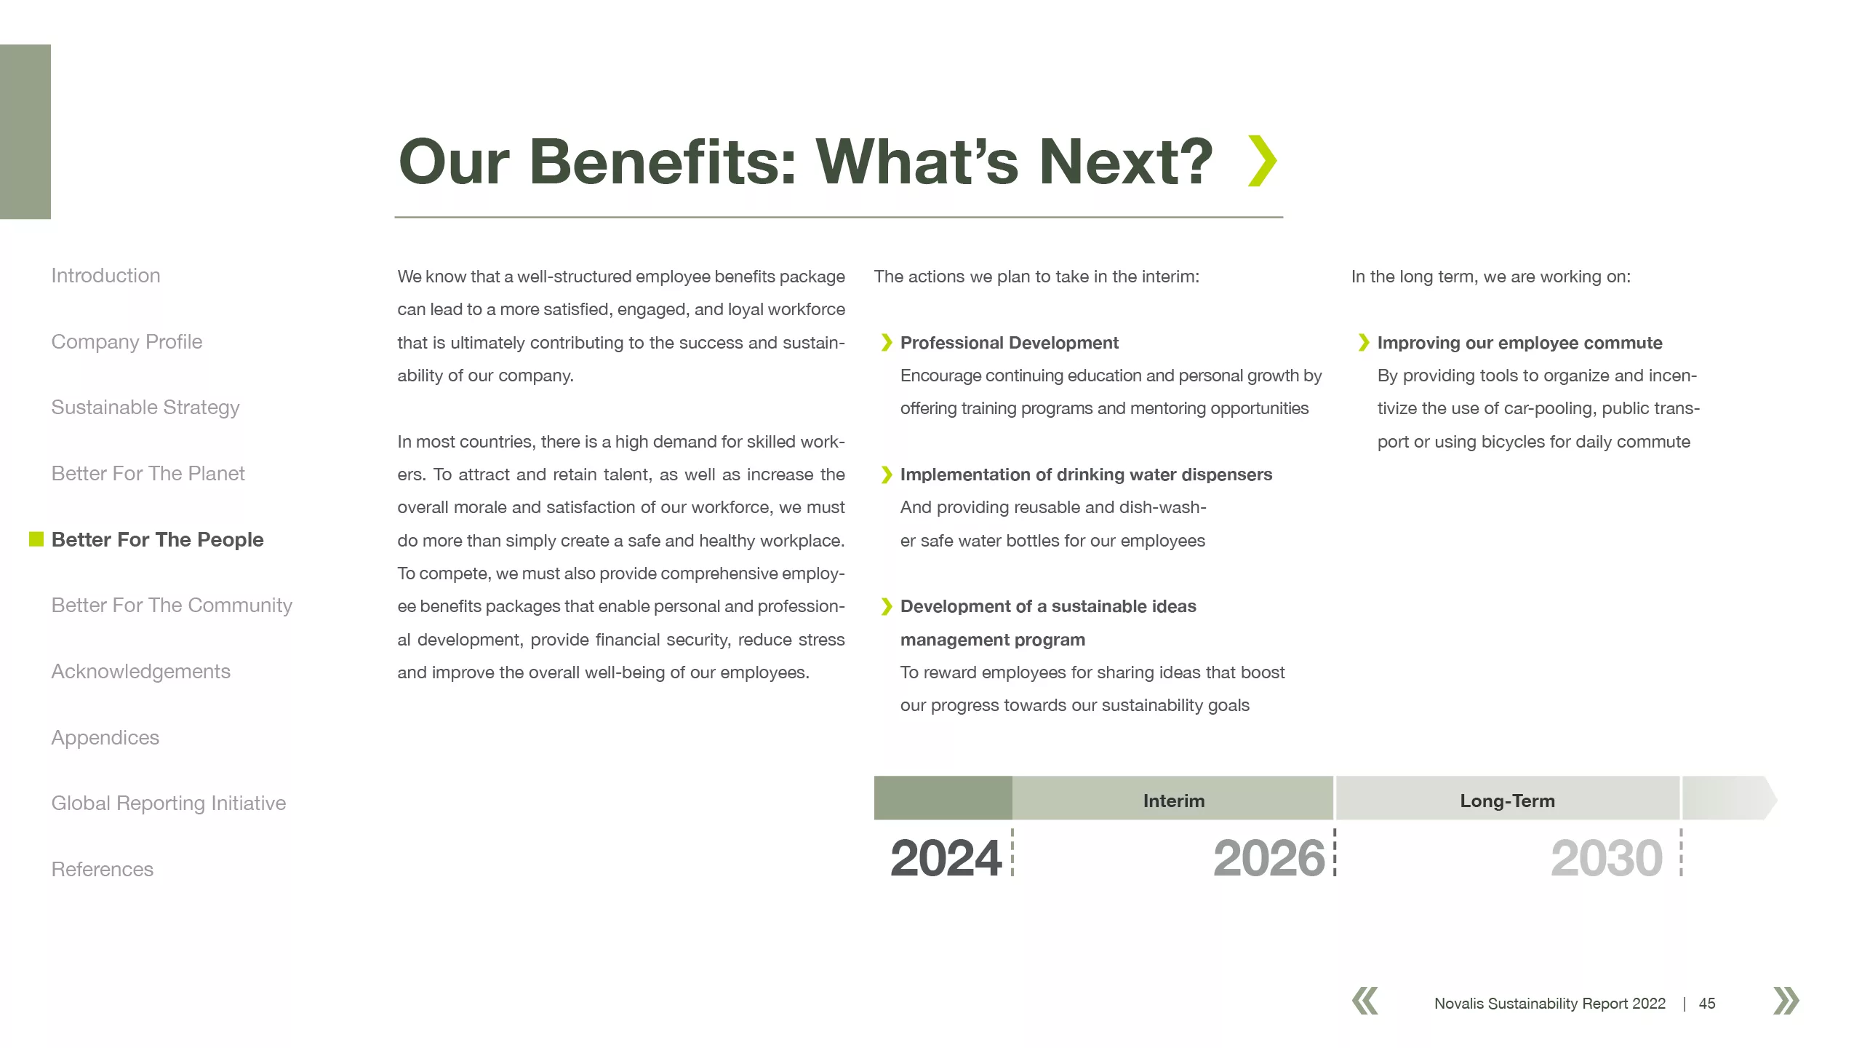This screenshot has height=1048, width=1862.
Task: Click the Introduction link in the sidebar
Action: [105, 276]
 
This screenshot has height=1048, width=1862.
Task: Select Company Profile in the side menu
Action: [127, 342]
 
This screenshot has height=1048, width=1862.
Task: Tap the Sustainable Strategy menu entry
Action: [145, 408]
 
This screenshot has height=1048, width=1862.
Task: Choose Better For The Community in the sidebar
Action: [172, 606]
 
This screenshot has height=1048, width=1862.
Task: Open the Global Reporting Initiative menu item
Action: [169, 803]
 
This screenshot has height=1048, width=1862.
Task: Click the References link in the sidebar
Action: [103, 870]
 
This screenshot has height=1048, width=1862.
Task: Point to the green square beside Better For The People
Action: [36, 539]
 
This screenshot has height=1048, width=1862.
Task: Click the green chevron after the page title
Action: [1262, 161]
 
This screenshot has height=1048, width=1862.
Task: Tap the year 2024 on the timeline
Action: [946, 858]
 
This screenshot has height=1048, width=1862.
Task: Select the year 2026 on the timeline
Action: [1269, 858]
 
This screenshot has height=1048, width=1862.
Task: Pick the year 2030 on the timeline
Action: [1607, 858]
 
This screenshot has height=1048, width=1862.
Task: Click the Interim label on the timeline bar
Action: [1174, 801]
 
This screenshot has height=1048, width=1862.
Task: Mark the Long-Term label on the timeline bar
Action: [1507, 801]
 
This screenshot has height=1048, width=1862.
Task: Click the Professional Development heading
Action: [1010, 343]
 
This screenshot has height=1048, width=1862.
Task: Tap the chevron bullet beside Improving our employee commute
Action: [1364, 343]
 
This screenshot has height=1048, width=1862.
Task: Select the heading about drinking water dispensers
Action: [1086, 475]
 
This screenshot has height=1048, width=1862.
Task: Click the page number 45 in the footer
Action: [1707, 1004]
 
